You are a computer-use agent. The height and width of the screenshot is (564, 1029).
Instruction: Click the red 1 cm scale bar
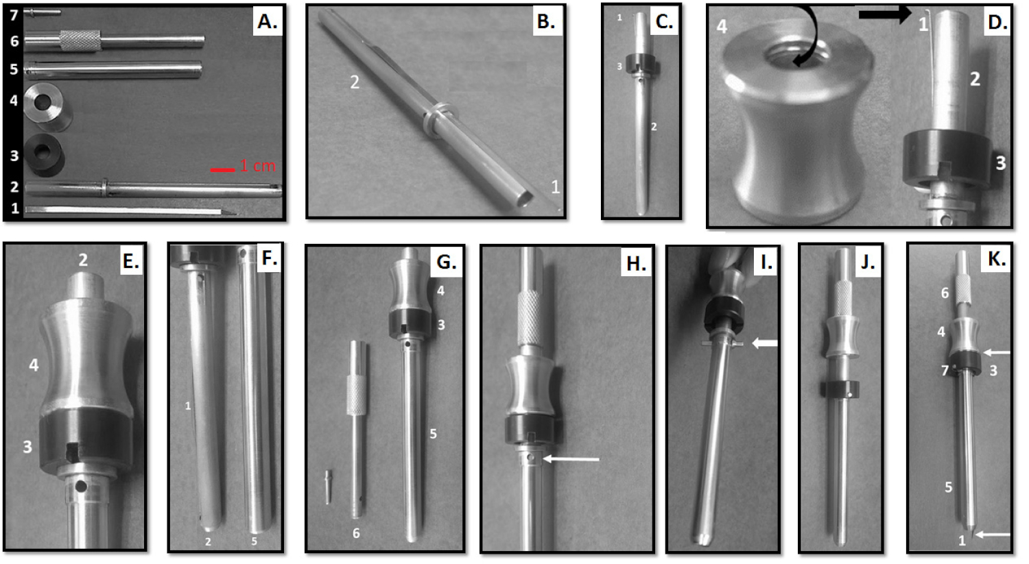click(x=222, y=169)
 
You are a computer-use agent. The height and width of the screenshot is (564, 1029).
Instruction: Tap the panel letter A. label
click(x=267, y=23)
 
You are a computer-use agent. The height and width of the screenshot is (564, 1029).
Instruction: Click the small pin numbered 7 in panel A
click(x=43, y=12)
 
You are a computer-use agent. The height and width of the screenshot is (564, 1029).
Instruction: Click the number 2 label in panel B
click(x=355, y=82)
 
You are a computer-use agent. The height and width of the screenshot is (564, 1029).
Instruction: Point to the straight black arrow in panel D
click(x=884, y=14)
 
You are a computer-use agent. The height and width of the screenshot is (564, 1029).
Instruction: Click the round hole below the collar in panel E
click(x=82, y=487)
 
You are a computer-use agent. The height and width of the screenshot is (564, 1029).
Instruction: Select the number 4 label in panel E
click(x=34, y=365)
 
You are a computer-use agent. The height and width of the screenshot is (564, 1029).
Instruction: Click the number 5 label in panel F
click(x=255, y=541)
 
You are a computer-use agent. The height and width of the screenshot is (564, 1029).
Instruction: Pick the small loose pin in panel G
click(x=328, y=486)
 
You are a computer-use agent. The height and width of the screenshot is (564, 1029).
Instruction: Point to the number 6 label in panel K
click(x=945, y=293)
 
